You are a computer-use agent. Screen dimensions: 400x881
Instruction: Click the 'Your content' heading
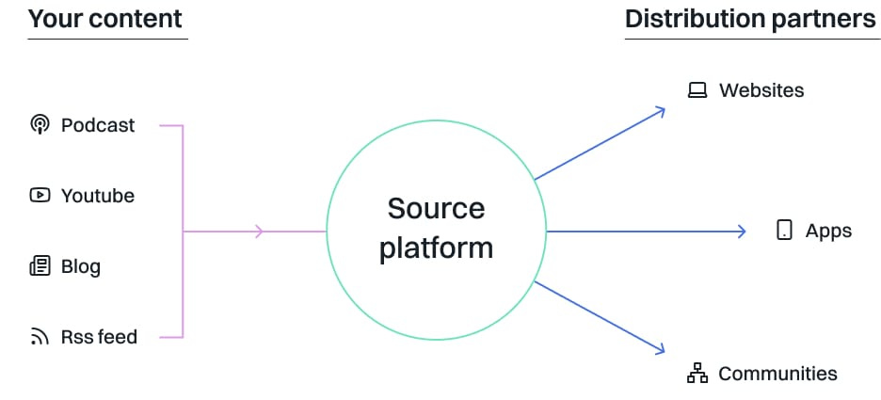(x=104, y=19)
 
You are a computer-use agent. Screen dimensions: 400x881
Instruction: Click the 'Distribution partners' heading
(x=750, y=19)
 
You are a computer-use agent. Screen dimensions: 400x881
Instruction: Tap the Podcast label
(x=98, y=125)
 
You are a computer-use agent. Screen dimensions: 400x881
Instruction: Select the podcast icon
(x=40, y=124)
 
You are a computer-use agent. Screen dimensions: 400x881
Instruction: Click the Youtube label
(x=98, y=196)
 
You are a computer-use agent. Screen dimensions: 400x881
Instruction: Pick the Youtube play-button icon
(x=40, y=196)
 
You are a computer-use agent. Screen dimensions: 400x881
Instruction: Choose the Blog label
(x=81, y=266)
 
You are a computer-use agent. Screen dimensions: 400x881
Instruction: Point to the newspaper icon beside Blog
(x=40, y=266)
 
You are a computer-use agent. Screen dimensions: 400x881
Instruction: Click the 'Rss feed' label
(x=99, y=336)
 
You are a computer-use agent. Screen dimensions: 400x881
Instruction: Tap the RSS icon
(x=40, y=336)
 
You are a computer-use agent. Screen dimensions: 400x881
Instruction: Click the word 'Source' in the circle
(x=436, y=208)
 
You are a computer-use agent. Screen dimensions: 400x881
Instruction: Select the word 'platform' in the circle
(x=436, y=248)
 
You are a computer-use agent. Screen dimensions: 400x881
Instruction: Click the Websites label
(x=761, y=90)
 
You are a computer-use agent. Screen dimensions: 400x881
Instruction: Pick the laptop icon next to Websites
(x=697, y=90)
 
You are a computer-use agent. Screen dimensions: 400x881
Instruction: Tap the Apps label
(x=828, y=231)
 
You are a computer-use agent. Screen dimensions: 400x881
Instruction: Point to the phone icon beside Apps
(x=784, y=231)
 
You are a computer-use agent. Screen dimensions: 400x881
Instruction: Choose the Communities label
(x=777, y=374)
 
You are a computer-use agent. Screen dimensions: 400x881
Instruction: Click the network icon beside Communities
(x=697, y=374)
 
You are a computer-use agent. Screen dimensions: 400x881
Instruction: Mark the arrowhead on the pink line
(x=261, y=231)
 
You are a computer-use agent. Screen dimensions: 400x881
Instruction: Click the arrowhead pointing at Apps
(x=742, y=231)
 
